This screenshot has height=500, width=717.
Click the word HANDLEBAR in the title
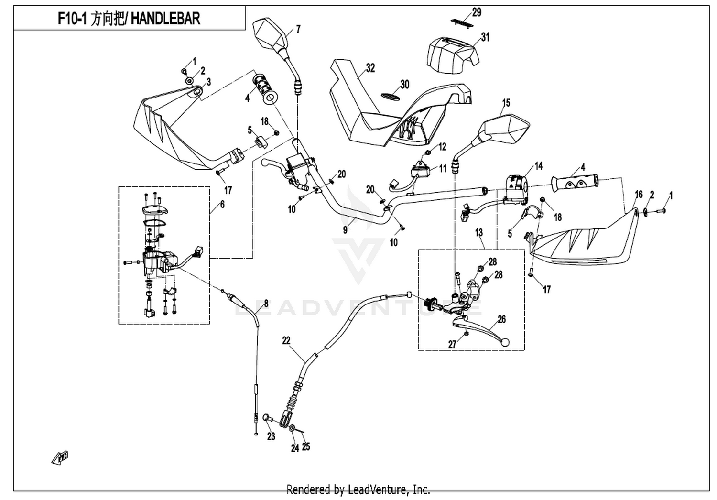point(165,19)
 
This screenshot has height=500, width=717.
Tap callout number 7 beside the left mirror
point(298,29)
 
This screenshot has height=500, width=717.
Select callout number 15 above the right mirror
point(506,103)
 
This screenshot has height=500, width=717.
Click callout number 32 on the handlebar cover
point(370,68)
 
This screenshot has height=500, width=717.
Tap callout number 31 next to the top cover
point(485,37)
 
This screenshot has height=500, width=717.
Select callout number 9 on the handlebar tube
point(345,230)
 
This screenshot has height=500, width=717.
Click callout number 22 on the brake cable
point(286,340)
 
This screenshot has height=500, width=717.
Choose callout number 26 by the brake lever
point(501,319)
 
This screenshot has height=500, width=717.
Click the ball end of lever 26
point(504,343)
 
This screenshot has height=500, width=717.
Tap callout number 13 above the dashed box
point(479,232)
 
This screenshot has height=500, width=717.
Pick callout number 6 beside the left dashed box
point(222,204)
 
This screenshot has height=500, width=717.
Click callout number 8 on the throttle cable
point(266,303)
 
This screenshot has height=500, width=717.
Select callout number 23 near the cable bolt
point(271,436)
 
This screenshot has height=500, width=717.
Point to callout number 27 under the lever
point(452,345)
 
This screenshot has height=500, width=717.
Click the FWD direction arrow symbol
point(60,458)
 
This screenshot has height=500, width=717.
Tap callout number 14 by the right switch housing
point(539,166)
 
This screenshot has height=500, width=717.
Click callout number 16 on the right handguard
point(639,194)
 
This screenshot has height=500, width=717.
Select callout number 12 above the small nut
point(442,147)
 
